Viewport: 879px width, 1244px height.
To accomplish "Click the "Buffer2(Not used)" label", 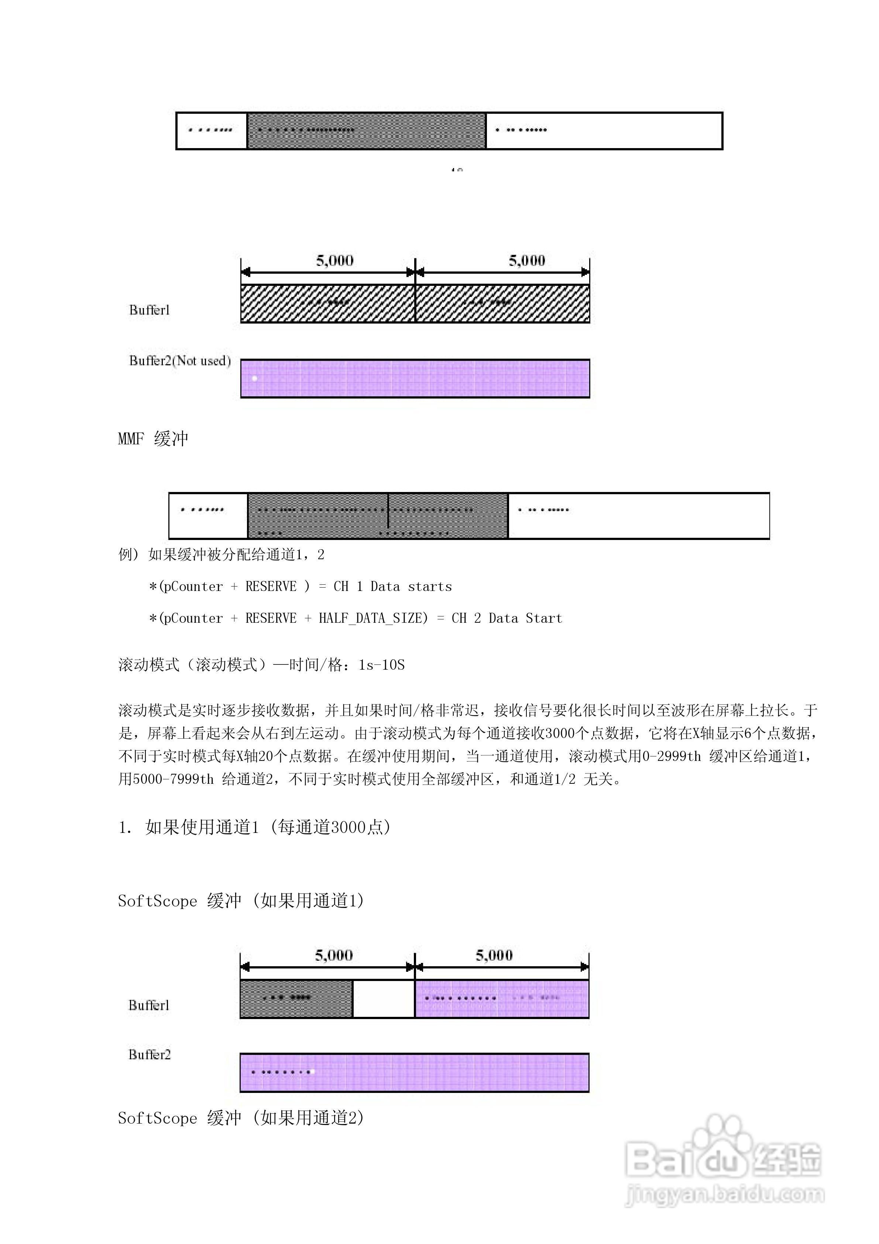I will click(179, 361).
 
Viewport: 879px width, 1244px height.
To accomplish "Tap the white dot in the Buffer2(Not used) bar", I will click(255, 378).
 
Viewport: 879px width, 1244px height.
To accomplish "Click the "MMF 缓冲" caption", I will click(153, 438).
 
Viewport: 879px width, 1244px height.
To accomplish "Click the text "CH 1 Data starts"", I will click(393, 586).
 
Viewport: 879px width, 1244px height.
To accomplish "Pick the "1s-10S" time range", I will click(381, 665).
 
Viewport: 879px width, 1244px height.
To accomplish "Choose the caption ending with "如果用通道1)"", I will click(241, 900).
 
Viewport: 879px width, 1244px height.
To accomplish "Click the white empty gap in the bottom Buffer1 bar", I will click(384, 998).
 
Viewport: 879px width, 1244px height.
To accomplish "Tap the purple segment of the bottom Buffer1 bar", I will click(501, 998).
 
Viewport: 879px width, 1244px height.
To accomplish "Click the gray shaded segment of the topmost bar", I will click(366, 131).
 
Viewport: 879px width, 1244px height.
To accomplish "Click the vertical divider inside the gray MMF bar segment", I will click(388, 510).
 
